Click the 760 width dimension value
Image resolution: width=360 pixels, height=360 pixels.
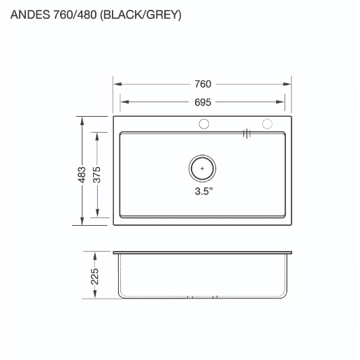pyautogui.click(x=203, y=85)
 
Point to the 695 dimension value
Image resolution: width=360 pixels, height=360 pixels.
pyautogui.click(x=203, y=101)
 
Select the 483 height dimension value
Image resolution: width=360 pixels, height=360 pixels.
pyautogui.click(x=82, y=172)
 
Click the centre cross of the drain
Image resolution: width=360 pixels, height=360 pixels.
pyautogui.click(x=203, y=168)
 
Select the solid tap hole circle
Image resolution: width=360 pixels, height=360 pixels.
pyautogui.click(x=204, y=124)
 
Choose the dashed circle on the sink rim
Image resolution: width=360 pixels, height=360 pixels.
pyautogui.click(x=266, y=124)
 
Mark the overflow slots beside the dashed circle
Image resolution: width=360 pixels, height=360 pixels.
pyautogui.click(x=246, y=132)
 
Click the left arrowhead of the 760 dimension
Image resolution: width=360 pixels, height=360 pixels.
pyautogui.click(x=117, y=85)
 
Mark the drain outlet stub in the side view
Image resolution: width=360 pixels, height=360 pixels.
pyautogui.click(x=203, y=298)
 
